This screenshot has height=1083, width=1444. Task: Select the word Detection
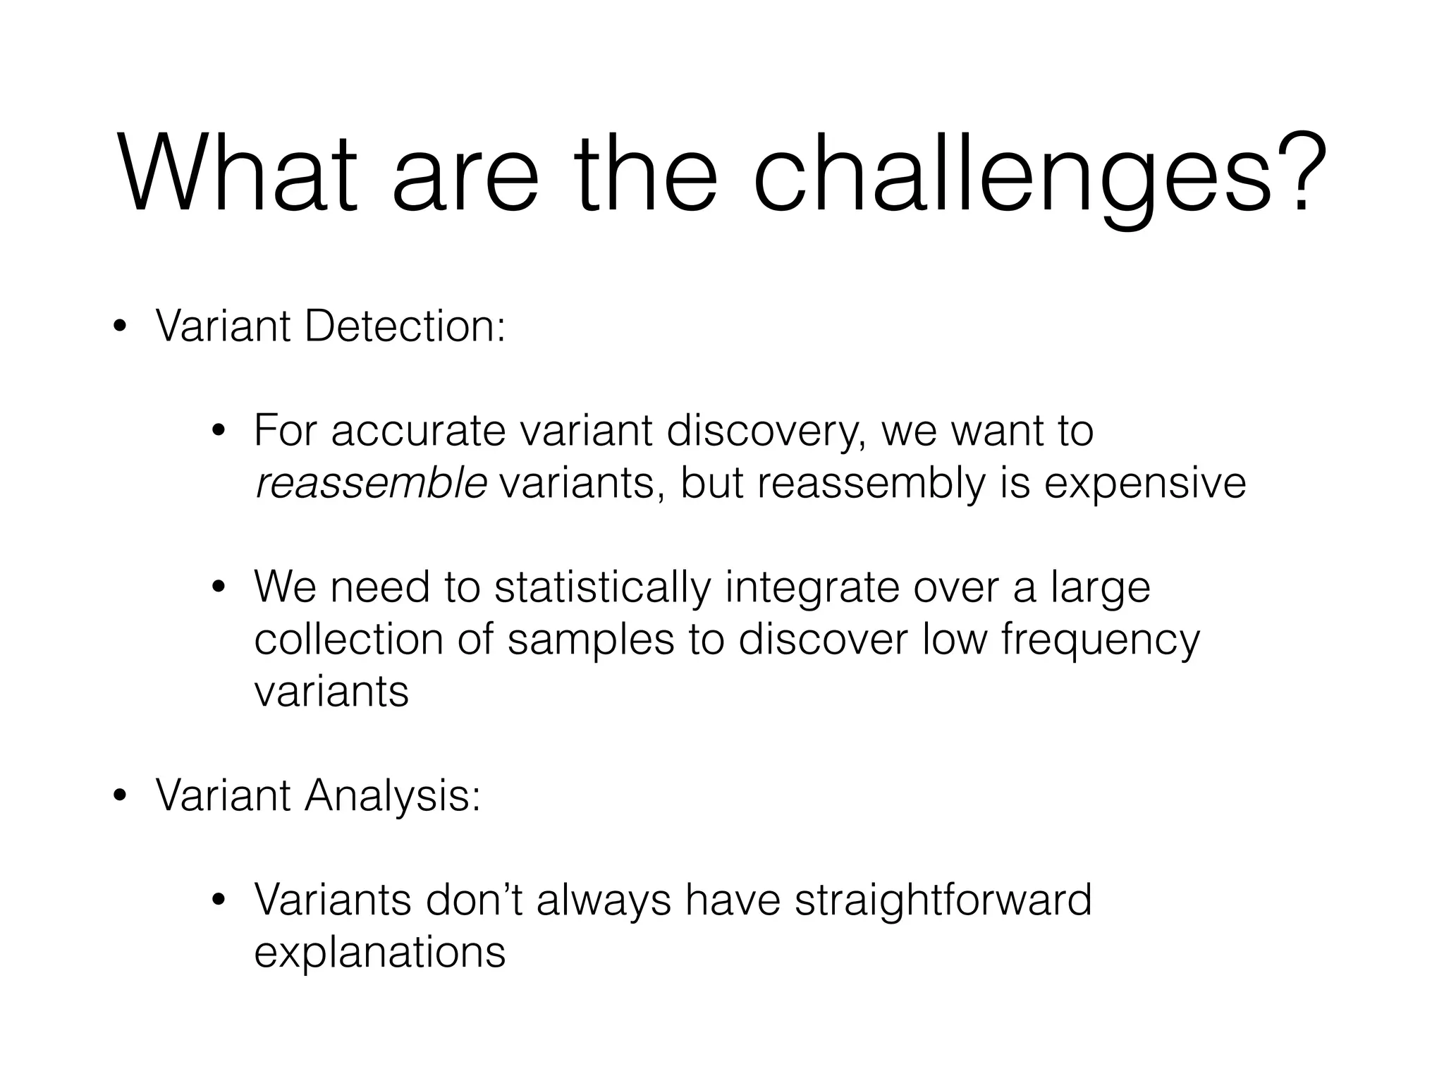click(405, 327)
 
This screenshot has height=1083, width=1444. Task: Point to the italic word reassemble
click(371, 483)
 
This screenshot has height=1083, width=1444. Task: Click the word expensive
click(1145, 484)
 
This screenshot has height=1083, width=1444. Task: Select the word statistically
click(604, 587)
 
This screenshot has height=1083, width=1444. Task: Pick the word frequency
click(1100, 641)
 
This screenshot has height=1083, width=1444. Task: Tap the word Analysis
click(392, 796)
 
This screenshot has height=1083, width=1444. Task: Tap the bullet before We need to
click(219, 587)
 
